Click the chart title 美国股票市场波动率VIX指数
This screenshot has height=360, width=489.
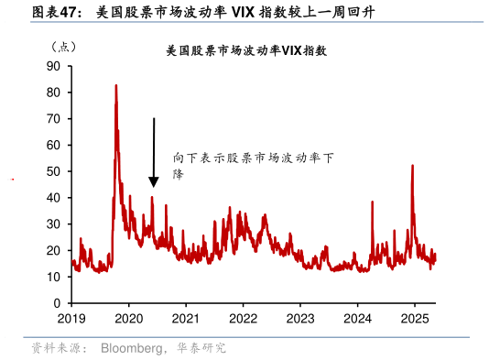(245, 51)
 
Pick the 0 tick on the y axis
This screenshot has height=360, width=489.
(57, 303)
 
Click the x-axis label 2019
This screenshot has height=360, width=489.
(71, 319)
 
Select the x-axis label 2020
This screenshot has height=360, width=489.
(128, 319)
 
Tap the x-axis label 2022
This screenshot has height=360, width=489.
(243, 319)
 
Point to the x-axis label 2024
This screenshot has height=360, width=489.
(357, 319)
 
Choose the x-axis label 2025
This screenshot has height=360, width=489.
(414, 319)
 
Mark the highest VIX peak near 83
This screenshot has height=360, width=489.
(115, 86)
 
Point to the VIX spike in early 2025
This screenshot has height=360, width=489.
(412, 167)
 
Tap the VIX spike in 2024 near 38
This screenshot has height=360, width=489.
(372, 202)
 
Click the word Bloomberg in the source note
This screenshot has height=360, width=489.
(132, 348)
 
